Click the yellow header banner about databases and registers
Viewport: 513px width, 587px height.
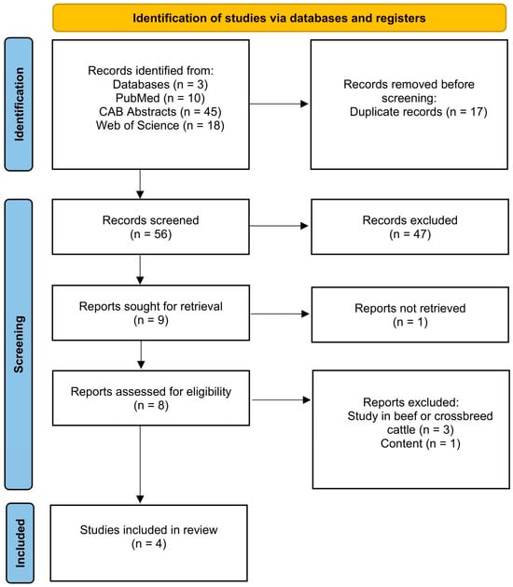tap(279, 18)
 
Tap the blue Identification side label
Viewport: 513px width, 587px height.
tap(19, 105)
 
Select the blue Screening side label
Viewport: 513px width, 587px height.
tap(19, 344)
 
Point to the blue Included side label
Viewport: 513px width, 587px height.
tap(20, 543)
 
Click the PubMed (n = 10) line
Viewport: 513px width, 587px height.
tap(160, 98)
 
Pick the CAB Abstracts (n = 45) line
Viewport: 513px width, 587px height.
tap(160, 112)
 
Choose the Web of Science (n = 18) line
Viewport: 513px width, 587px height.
tap(160, 125)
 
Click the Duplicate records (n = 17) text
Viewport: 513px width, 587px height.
tap(419, 112)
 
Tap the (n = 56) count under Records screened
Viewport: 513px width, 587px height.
tap(151, 234)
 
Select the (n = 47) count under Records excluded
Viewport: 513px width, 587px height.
tap(410, 234)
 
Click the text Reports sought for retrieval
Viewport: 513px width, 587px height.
tap(151, 306)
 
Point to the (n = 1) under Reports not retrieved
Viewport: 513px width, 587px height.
tap(410, 322)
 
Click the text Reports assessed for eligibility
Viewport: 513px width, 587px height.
tap(151, 392)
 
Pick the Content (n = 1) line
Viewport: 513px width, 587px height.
tap(421, 443)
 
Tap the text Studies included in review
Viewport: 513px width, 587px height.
tap(148, 530)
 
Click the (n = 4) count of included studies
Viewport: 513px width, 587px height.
tap(148, 543)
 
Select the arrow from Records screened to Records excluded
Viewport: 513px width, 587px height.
tap(279, 226)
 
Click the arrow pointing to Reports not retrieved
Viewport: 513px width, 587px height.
tap(280, 314)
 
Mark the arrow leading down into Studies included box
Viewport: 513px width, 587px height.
tap(140, 464)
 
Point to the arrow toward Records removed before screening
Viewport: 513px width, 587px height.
tap(279, 104)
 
